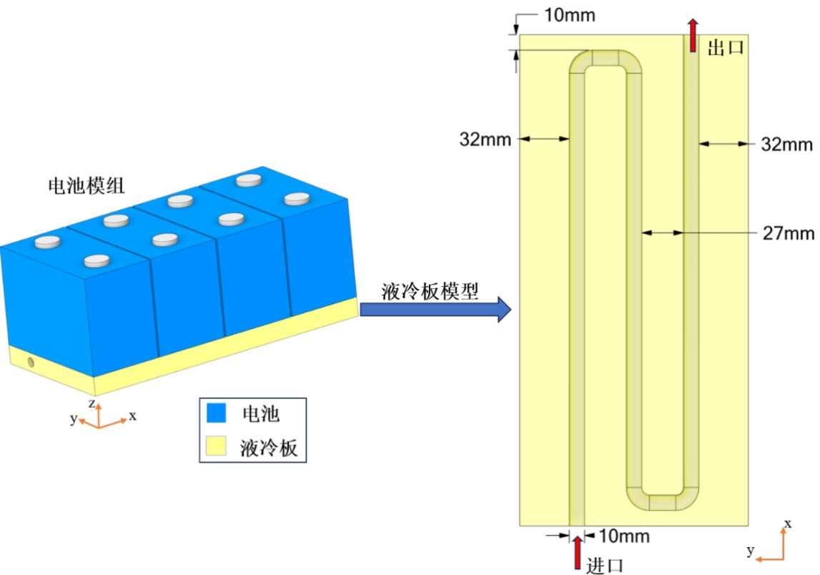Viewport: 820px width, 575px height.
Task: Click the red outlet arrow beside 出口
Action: click(693, 36)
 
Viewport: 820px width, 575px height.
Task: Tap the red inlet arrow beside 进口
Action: click(578, 554)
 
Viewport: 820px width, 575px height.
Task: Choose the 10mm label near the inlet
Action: click(623, 536)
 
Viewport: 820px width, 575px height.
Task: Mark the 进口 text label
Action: click(605, 565)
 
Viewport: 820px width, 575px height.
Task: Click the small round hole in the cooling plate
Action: click(31, 363)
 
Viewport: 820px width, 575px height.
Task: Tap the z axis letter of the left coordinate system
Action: click(92, 403)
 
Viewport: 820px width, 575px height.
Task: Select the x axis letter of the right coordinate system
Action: click(788, 524)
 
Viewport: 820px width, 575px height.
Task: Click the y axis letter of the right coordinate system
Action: click(751, 551)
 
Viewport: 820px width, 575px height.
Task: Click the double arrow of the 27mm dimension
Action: click(663, 232)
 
